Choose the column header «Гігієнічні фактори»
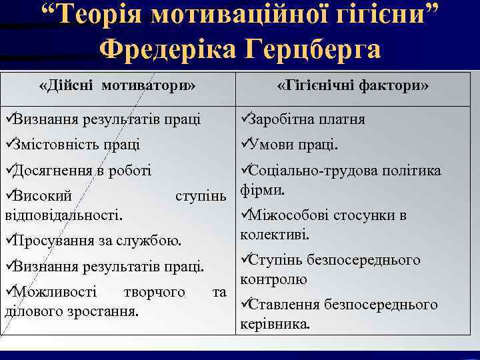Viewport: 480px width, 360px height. [x=353, y=86]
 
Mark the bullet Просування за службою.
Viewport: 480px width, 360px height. [x=97, y=240]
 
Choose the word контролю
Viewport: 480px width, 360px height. [x=273, y=279]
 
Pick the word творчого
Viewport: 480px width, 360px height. [x=154, y=291]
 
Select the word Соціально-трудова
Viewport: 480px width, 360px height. [x=312, y=171]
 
